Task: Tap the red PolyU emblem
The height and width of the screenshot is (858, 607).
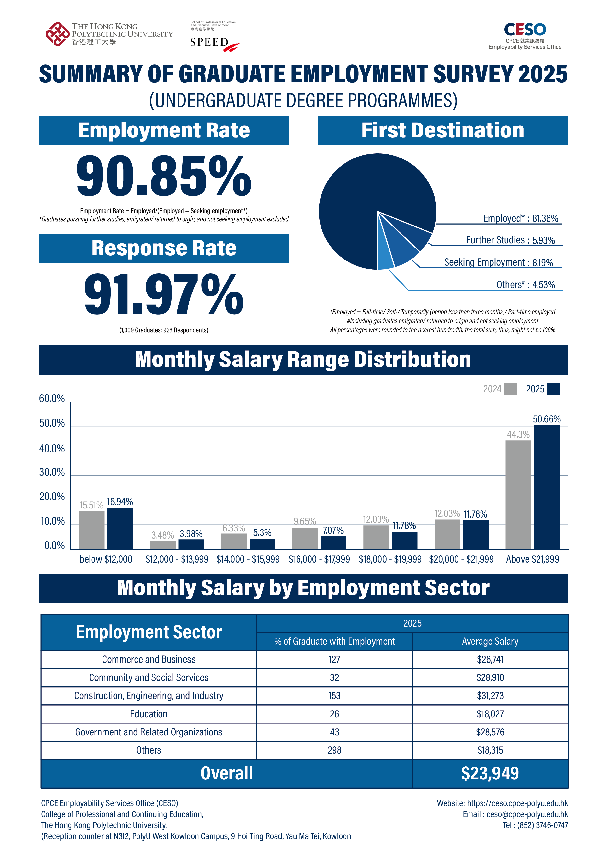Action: (57, 34)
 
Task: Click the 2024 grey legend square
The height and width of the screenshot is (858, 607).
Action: (510, 389)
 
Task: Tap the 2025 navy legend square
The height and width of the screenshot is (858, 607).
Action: (553, 389)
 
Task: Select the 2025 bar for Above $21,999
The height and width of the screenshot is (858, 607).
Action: (547, 487)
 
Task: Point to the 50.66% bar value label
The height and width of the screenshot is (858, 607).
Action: (547, 419)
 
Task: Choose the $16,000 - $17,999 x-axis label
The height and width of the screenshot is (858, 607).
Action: (319, 559)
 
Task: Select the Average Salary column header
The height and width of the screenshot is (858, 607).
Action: (490, 641)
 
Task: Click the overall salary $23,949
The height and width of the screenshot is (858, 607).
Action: (490, 773)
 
